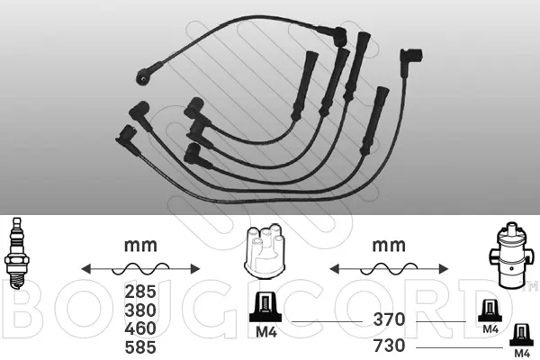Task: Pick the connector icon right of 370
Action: [x=490, y=311]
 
